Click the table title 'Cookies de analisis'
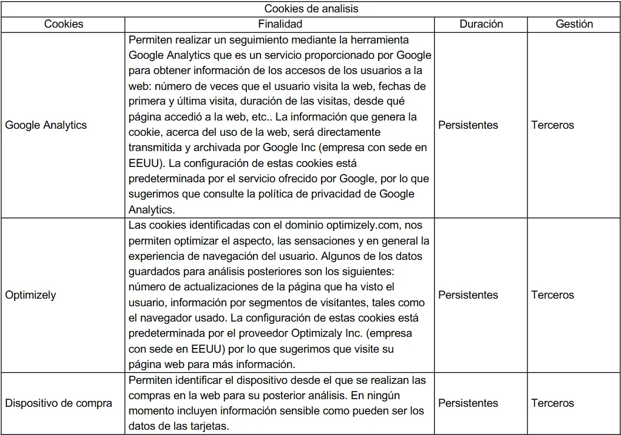tap(311, 8)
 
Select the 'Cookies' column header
tap(64, 24)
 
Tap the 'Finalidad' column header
tap(280, 24)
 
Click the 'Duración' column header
tap(481, 24)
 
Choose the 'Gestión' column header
tap(574, 24)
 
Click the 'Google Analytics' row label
tap(46, 125)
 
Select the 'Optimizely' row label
tap(31, 295)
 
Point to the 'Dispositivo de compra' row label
tap(58, 403)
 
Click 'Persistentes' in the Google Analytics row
tap(468, 125)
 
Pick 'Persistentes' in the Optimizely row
tap(468, 295)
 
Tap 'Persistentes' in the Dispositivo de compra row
tap(468, 403)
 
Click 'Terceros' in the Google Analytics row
tap(552, 125)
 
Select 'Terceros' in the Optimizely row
tap(552, 295)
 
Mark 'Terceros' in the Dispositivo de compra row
tap(552, 403)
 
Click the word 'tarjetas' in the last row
tap(210, 426)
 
